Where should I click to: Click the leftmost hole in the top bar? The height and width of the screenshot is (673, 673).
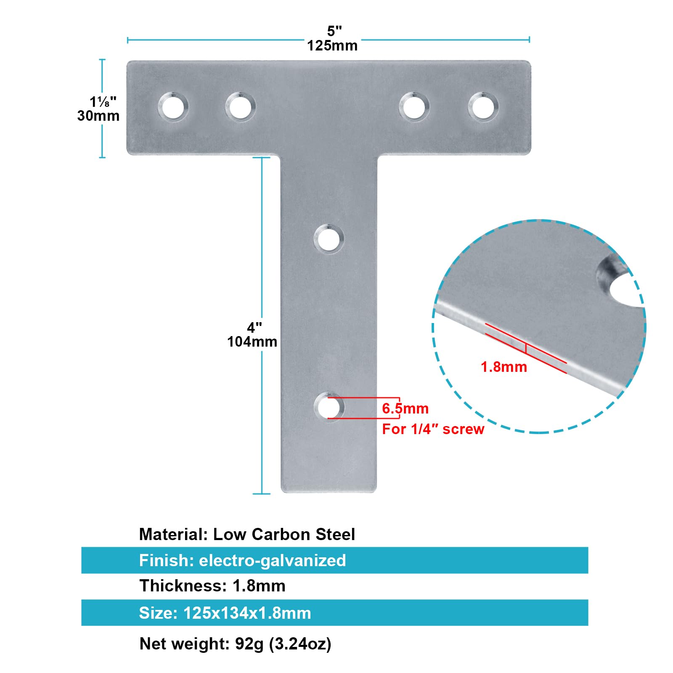coord(173,107)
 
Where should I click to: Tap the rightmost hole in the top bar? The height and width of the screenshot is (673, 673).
coord(483,107)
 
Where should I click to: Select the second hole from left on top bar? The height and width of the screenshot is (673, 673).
coord(240,107)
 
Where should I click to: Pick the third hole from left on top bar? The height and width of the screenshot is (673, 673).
coord(414,107)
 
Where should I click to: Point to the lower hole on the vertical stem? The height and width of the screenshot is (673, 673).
coord(329,408)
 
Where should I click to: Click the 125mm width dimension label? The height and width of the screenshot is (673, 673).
coord(332,46)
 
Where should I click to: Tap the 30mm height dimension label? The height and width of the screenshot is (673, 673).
coord(98,116)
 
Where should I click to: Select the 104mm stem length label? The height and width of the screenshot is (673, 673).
coord(252,342)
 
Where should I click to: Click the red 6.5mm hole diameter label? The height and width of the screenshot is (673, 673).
coord(405,408)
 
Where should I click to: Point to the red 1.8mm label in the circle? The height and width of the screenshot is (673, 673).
coord(503,367)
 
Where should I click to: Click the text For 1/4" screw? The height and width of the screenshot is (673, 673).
coord(433,429)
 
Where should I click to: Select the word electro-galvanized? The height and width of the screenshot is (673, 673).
coord(272,560)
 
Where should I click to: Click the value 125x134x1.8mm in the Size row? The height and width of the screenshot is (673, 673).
coord(247,613)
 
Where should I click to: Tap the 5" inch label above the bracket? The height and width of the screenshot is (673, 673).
coord(334,31)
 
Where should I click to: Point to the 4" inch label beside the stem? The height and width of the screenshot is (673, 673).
coord(254,328)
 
